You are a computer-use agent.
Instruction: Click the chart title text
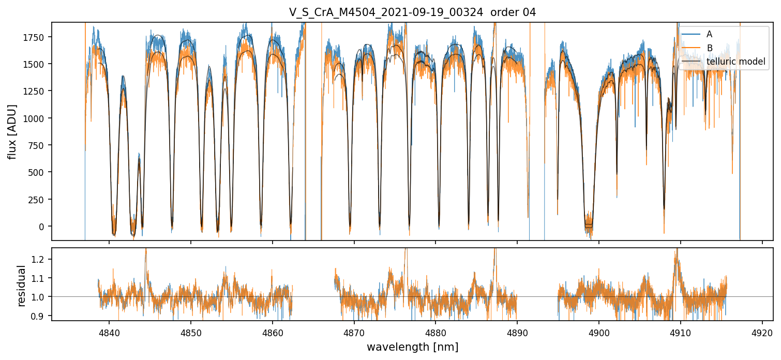pyautogui.click(x=412, y=12)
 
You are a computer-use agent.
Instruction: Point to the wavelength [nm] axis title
pyautogui.click(x=412, y=347)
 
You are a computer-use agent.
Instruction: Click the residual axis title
pyautogui.click(x=22, y=286)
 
